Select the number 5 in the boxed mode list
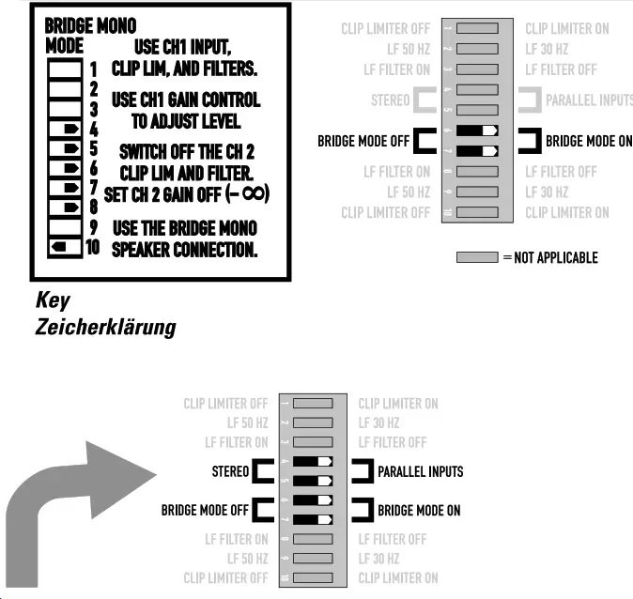click(x=93, y=148)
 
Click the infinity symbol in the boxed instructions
click(x=254, y=192)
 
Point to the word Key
click(x=52, y=300)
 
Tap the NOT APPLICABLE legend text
click(x=555, y=257)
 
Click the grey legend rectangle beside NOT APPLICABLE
click(x=476, y=257)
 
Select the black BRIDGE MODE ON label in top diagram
click(x=589, y=141)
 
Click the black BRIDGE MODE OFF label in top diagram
click(x=363, y=141)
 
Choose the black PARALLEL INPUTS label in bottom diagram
click(x=420, y=471)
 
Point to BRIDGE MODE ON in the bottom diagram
click(x=419, y=511)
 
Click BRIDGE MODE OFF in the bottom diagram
click(x=205, y=511)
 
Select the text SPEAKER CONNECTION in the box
click(x=184, y=250)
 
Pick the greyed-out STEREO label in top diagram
click(x=390, y=100)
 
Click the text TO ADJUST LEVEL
click(x=186, y=121)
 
